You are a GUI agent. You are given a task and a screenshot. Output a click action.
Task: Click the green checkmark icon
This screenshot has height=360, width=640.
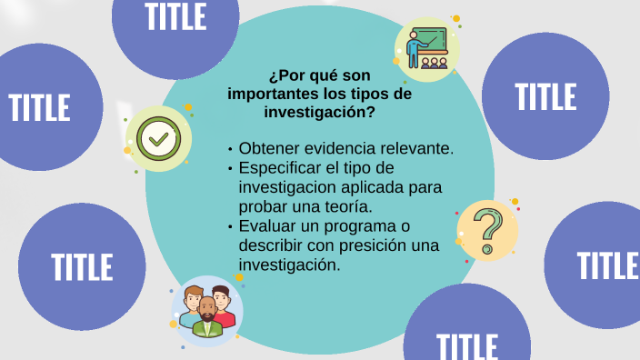(x=158, y=139)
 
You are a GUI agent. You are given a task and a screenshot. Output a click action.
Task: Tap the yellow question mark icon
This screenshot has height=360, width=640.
(x=487, y=231)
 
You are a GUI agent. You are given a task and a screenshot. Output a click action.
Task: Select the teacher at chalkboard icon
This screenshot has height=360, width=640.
(x=427, y=48)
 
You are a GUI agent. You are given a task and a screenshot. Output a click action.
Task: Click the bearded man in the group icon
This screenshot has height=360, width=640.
(x=208, y=317)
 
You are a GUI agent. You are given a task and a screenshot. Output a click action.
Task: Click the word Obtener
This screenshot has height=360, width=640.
(x=267, y=148)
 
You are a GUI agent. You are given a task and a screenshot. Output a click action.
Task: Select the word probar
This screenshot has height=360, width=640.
(x=262, y=206)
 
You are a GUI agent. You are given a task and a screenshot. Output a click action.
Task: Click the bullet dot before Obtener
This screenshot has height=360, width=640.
(x=231, y=149)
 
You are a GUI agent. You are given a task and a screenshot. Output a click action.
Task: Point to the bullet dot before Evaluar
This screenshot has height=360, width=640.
(x=231, y=227)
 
